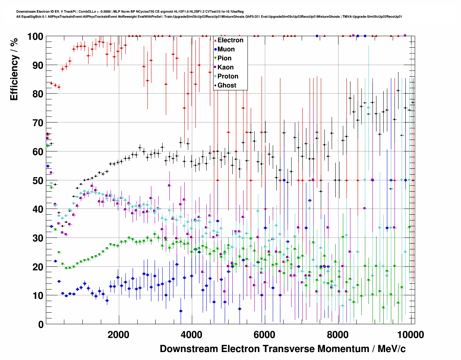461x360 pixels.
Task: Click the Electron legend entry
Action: [x=230, y=40]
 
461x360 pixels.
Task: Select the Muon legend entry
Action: [x=226, y=49]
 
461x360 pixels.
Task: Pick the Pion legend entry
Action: [x=224, y=58]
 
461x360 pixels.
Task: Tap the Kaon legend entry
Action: [x=225, y=67]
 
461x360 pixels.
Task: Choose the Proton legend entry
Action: [x=228, y=76]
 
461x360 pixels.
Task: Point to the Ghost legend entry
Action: [x=227, y=85]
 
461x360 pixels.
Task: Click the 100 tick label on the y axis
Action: [x=35, y=37]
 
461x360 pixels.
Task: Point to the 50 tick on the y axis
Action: [x=38, y=180]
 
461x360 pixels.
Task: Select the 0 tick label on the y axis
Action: [x=41, y=324]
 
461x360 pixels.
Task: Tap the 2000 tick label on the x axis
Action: [x=119, y=334]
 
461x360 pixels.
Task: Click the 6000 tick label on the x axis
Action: [x=264, y=334]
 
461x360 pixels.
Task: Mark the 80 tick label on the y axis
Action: [x=38, y=94]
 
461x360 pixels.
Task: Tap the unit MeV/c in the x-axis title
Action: [x=391, y=349]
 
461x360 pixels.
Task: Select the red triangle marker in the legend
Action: [x=215, y=40]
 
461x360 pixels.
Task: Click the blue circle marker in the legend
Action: [x=215, y=49]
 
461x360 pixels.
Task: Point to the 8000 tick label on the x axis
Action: [x=337, y=334]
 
